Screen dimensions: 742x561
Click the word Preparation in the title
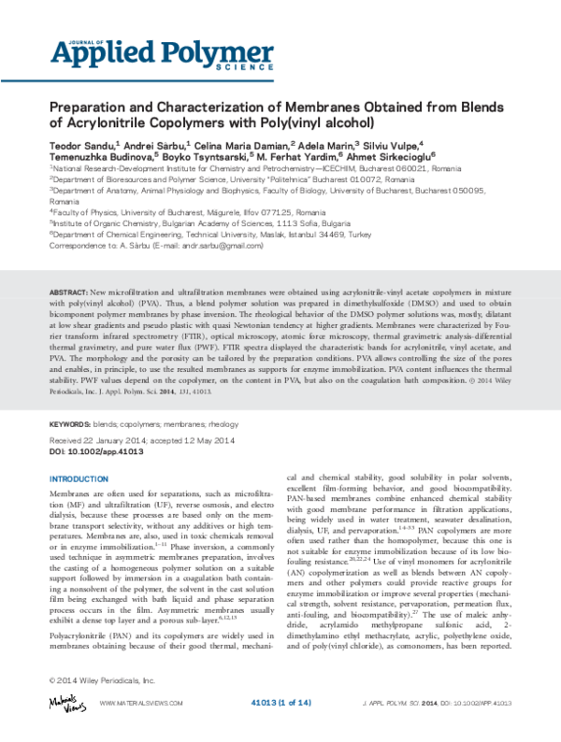(90, 107)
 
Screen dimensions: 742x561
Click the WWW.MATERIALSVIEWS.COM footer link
(142, 702)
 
